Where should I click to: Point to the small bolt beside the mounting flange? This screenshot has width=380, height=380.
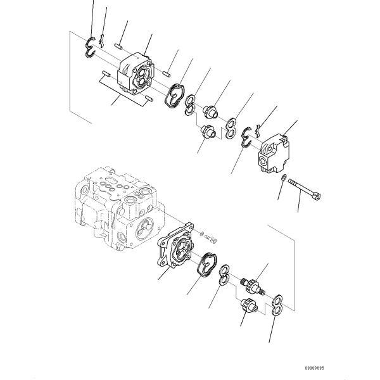coord(212,239)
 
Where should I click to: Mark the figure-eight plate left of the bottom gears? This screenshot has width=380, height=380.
coord(224,276)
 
